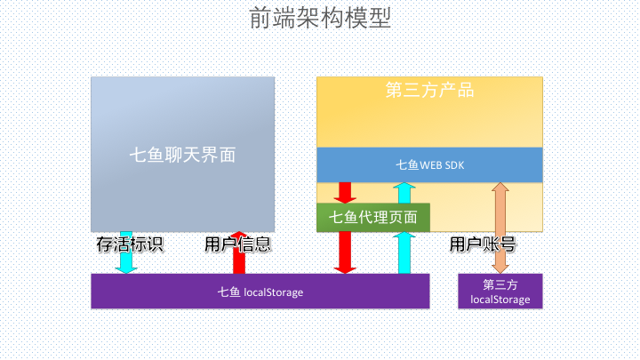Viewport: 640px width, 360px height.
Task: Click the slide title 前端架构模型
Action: pyautogui.click(x=320, y=18)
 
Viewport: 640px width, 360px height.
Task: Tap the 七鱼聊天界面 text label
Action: pyautogui.click(x=182, y=155)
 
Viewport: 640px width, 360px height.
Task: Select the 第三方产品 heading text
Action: pyautogui.click(x=429, y=90)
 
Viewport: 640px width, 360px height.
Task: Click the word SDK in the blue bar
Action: pyautogui.click(x=455, y=165)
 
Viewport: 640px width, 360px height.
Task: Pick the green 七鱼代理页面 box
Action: pyautogui.click(x=373, y=217)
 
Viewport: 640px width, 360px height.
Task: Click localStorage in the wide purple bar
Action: pyautogui.click(x=273, y=292)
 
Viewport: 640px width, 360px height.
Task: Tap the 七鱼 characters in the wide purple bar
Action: pyautogui.click(x=228, y=292)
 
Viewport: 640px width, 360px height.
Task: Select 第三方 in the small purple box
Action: pyautogui.click(x=500, y=284)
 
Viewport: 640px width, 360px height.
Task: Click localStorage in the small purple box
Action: pyautogui.click(x=500, y=300)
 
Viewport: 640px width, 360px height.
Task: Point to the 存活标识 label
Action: pyautogui.click(x=130, y=244)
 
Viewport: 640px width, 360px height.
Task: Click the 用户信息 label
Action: pyautogui.click(x=238, y=244)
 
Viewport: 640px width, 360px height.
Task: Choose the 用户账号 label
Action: pyautogui.click(x=483, y=244)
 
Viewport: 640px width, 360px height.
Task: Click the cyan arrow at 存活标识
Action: pyautogui.click(x=126, y=252)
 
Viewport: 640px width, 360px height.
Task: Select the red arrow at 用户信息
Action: pyautogui.click(x=239, y=252)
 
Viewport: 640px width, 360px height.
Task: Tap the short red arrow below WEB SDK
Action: pyautogui.click(x=345, y=193)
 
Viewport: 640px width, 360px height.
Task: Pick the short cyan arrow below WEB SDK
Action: pyautogui.click(x=404, y=193)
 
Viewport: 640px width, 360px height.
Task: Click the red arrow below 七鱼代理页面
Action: pyautogui.click(x=345, y=252)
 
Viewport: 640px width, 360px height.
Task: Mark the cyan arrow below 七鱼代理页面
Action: pyautogui.click(x=404, y=252)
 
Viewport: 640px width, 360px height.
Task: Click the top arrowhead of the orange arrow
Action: pyautogui.click(x=500, y=187)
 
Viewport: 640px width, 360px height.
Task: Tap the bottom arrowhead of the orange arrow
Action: pyautogui.click(x=500, y=269)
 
